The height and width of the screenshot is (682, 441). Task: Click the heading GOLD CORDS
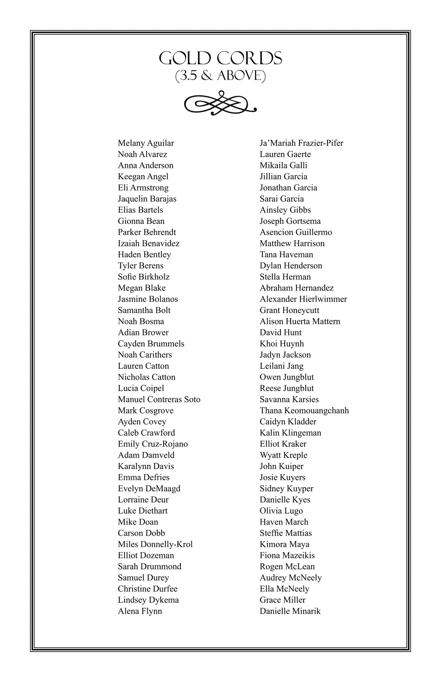click(220, 58)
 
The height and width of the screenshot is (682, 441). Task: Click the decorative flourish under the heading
click(220, 103)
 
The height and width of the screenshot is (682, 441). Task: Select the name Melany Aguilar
click(146, 143)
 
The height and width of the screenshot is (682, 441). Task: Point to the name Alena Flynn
click(140, 611)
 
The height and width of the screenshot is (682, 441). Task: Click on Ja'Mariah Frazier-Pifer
click(301, 143)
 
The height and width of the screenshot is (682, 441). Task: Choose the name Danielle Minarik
click(290, 611)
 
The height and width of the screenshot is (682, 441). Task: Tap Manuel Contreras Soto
click(159, 399)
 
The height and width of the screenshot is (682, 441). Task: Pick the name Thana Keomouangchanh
click(304, 410)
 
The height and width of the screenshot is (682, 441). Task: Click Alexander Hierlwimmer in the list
click(303, 299)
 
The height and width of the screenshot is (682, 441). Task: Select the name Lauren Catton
click(143, 366)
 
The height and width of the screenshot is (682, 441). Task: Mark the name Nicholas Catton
click(147, 377)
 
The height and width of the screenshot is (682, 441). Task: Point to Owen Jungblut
click(287, 377)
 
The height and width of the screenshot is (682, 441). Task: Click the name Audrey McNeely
click(290, 578)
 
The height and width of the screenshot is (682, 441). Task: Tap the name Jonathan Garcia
click(288, 188)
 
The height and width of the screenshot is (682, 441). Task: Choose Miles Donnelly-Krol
click(155, 544)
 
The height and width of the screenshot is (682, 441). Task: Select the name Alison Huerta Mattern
click(300, 321)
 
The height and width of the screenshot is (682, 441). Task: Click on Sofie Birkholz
click(144, 277)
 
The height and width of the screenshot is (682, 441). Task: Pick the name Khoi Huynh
click(282, 344)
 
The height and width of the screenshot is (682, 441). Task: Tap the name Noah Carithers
click(145, 355)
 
